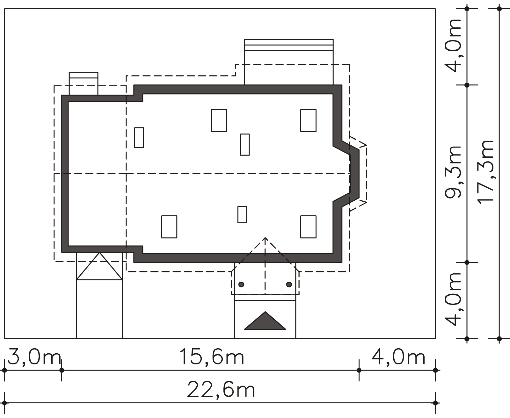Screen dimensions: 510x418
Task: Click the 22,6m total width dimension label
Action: pos(221,389)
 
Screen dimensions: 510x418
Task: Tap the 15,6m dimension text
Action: pos(212,357)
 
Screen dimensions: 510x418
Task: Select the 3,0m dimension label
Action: pos(34,357)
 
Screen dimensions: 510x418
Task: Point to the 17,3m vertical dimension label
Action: pos(485,172)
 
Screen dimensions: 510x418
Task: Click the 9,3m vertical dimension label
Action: pos(453,172)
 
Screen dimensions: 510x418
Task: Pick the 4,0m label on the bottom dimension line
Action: pos(398,357)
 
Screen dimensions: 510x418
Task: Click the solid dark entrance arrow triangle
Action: pos(265,320)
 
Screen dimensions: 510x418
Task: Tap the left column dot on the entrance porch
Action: pos(241,284)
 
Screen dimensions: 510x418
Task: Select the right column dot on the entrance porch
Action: pos(289,284)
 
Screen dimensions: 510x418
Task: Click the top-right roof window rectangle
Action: pos(308,120)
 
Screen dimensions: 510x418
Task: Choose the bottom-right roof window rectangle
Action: pos(308,227)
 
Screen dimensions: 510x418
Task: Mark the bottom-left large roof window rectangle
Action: pos(169,227)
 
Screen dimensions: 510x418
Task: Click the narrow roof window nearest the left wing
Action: pos(139,138)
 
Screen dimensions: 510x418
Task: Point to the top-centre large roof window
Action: pos(219,120)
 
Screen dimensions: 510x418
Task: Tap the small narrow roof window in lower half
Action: pos(242,214)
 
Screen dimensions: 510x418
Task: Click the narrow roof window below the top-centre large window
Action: pos(245,145)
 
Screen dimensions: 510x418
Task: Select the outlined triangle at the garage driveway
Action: pos(99,266)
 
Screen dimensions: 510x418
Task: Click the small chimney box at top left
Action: pos(84,83)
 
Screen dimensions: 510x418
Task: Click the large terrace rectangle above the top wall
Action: pos(289,62)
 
